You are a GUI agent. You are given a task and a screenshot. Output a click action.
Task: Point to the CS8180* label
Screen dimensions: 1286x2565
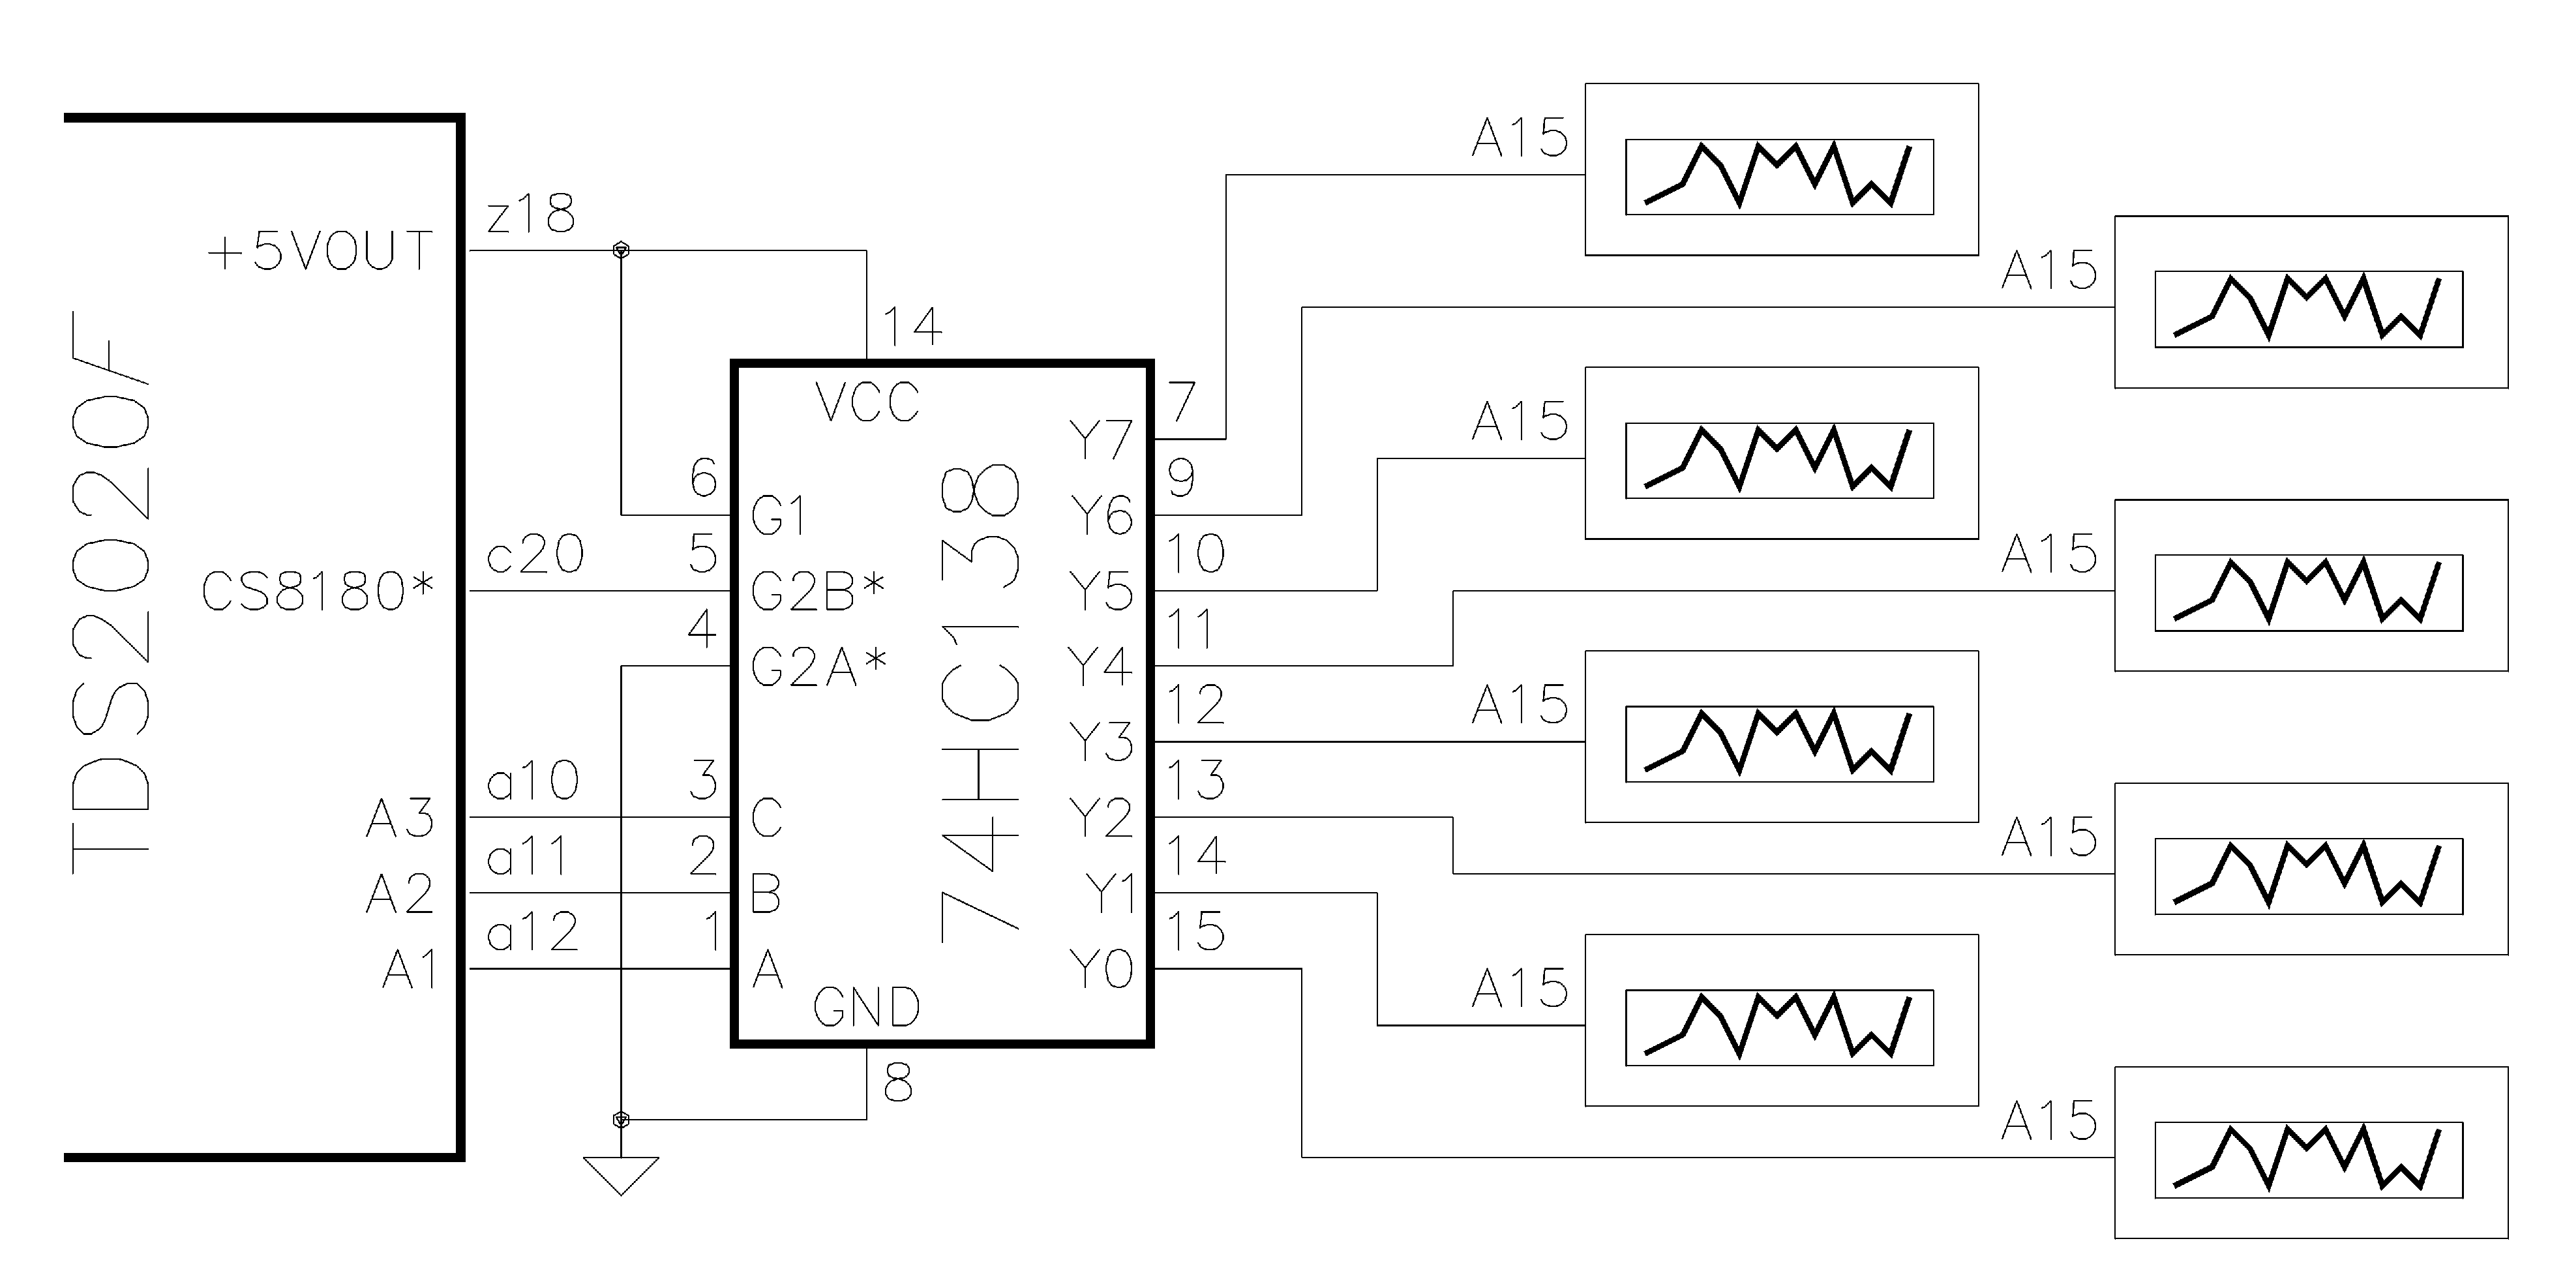pos(318,591)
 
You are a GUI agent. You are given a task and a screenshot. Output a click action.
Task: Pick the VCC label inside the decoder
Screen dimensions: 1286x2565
pos(866,402)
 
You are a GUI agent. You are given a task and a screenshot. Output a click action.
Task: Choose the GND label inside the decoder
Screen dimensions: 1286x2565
pos(866,1008)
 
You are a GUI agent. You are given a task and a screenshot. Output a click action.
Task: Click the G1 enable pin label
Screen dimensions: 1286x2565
pos(777,516)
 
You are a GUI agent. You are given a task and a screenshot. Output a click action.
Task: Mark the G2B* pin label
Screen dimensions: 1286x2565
pos(817,591)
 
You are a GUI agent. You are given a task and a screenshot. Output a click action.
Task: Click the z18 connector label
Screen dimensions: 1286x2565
pos(531,214)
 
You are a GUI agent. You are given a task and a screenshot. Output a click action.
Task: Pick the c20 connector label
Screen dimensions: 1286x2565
pos(535,554)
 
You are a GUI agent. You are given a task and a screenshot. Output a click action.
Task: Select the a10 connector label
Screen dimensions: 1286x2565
pos(533,781)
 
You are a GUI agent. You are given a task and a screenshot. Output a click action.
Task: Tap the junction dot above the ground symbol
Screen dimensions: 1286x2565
pos(620,1120)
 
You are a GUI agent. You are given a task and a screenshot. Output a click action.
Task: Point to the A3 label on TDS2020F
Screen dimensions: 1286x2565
pos(400,818)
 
